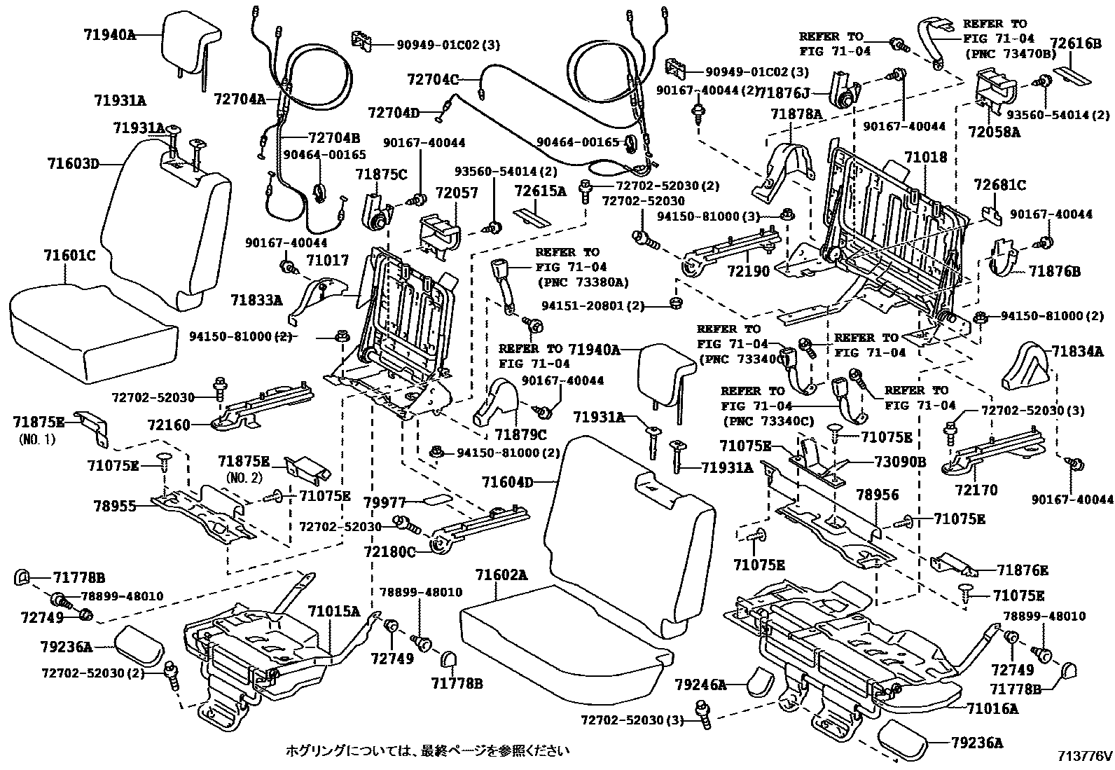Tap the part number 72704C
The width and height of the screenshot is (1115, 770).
pos(432,80)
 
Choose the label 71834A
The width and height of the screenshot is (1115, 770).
pos(1083,351)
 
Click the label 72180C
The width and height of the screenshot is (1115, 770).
pos(389,552)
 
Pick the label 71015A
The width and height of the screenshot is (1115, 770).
pos(334,611)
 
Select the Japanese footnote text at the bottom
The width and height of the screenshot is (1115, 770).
pos(427,751)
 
